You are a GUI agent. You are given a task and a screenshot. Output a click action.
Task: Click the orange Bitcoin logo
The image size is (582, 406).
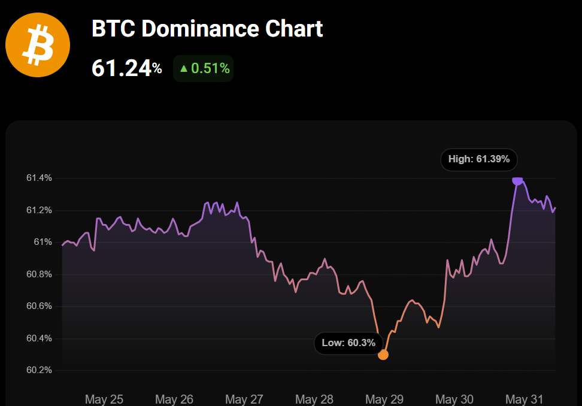(37, 46)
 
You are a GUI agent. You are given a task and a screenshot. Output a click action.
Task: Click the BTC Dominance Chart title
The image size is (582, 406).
(207, 29)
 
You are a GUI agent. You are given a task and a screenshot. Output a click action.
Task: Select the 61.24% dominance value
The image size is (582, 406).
(126, 68)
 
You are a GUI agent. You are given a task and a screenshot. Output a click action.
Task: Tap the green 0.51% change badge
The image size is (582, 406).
(204, 68)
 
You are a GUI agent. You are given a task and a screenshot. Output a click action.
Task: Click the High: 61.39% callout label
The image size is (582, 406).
(478, 159)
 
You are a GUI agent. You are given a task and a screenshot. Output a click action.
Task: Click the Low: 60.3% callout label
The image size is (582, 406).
(348, 343)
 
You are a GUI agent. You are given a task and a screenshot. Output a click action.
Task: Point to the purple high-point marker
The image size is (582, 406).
(517, 180)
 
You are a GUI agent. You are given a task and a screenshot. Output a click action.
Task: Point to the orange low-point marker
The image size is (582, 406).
(383, 355)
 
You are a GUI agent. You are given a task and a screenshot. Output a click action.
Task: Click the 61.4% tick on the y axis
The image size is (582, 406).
(39, 178)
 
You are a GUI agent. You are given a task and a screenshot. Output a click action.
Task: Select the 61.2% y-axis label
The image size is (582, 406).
(39, 210)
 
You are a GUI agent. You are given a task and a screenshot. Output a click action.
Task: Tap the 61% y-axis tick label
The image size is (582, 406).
(43, 242)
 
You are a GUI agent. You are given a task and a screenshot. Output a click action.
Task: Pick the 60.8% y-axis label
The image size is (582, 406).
(39, 274)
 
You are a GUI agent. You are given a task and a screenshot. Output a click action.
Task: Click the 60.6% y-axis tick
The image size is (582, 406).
(39, 306)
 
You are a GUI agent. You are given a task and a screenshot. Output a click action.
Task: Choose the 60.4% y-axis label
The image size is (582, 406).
(39, 338)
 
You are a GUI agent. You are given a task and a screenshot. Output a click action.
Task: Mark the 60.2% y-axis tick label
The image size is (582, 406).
(39, 370)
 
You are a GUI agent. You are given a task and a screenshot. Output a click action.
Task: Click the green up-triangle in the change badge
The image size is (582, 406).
(184, 69)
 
